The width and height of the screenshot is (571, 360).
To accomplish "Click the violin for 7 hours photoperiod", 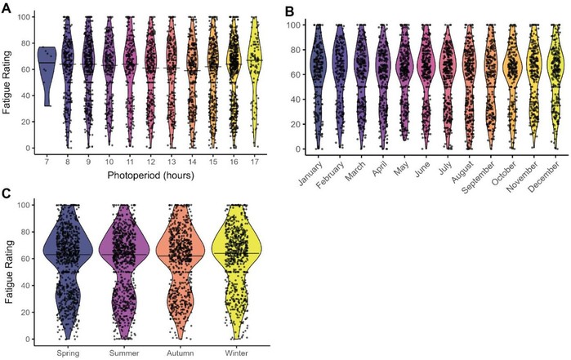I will coord(47,69).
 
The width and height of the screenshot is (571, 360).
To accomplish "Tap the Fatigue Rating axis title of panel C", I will coord(10,270).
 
